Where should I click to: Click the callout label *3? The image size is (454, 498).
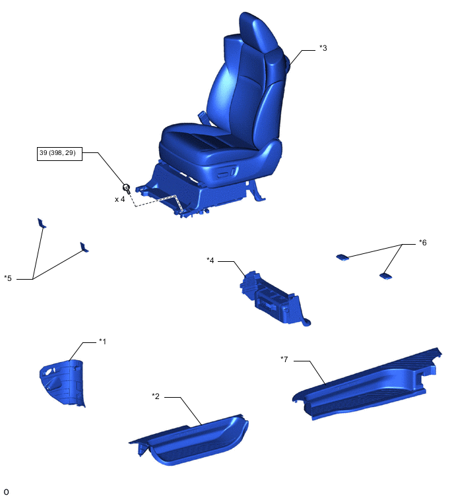click(323, 48)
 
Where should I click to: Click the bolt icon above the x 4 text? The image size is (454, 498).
click(127, 189)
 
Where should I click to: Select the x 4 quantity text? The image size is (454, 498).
click(120, 199)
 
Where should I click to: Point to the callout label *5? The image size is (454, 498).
click(8, 278)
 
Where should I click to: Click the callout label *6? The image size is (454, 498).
click(422, 243)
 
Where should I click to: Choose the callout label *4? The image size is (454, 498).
click(211, 261)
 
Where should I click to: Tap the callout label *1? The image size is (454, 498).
click(102, 342)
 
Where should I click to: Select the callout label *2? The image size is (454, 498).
click(156, 396)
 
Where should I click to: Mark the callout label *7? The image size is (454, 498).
click(284, 359)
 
